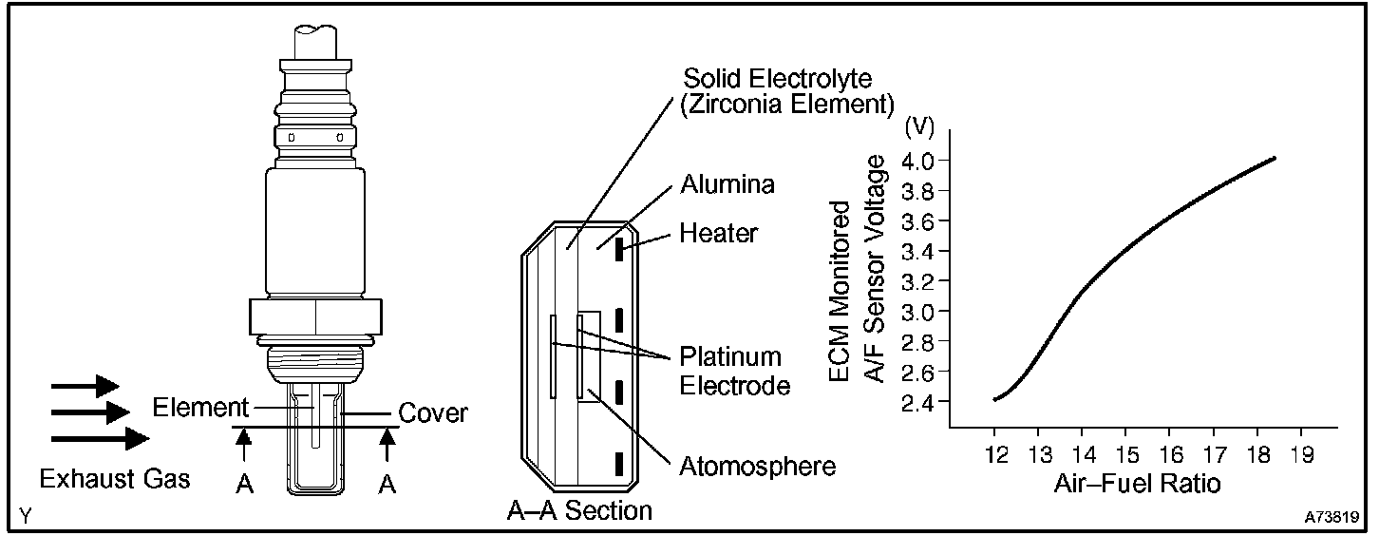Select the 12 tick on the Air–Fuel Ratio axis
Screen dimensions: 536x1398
tap(994, 455)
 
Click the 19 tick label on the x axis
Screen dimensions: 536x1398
tap(1301, 455)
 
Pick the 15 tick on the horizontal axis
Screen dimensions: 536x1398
tap(1125, 455)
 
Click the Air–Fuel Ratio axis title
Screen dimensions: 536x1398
tap(1137, 483)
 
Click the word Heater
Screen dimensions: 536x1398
tap(719, 233)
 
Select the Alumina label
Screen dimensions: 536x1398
tap(727, 184)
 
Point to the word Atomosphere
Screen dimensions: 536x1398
tap(757, 467)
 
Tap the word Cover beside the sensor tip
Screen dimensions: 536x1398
tap(432, 413)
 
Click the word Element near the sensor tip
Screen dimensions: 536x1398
tap(198, 409)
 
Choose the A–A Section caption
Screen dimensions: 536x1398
tap(579, 510)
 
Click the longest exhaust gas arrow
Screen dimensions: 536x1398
tap(100, 438)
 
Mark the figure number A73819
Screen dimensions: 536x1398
tap(1332, 519)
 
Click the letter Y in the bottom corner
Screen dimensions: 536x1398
tap(24, 517)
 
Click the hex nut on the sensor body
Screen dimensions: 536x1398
tap(314, 316)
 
